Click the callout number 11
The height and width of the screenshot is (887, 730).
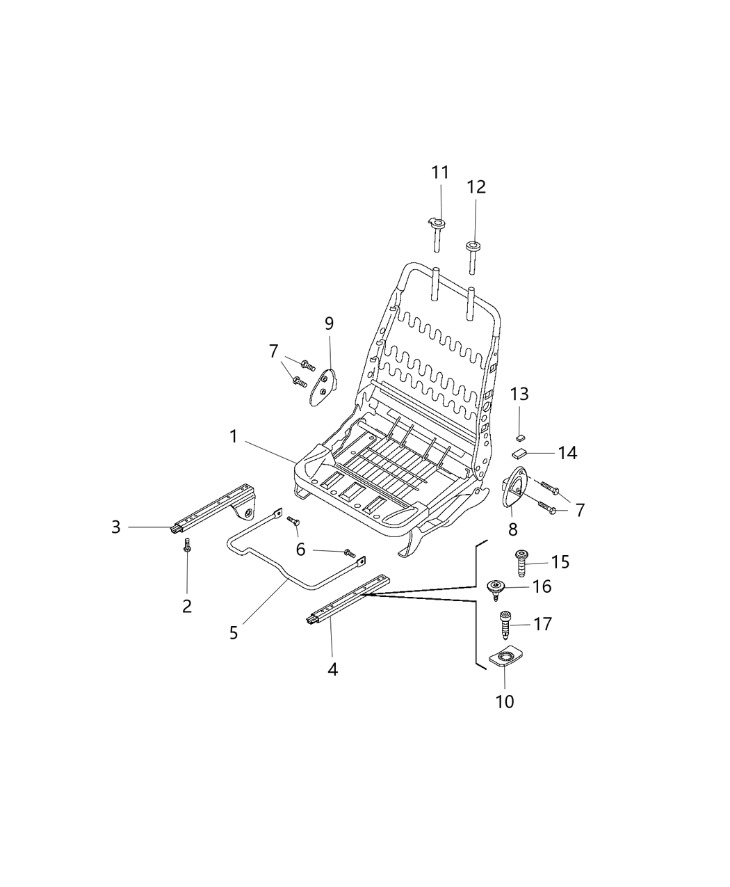click(x=440, y=173)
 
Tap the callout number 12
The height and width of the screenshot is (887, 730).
click(x=476, y=187)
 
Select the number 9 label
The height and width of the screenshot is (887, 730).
click(x=329, y=323)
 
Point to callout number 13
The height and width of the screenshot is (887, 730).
click(x=519, y=394)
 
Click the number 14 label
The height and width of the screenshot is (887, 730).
click(x=568, y=454)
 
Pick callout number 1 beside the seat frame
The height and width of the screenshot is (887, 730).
click(x=233, y=436)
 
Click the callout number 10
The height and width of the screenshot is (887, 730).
click(x=505, y=702)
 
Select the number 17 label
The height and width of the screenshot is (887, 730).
click(x=542, y=624)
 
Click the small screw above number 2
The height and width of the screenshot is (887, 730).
click(x=186, y=545)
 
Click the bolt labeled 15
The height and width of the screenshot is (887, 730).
click(x=521, y=562)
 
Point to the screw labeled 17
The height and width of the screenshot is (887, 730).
click(x=505, y=625)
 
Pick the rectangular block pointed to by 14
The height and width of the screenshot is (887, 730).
click(x=518, y=454)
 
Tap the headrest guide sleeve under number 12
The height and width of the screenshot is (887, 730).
click(x=472, y=257)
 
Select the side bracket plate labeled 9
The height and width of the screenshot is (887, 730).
click(x=322, y=387)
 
